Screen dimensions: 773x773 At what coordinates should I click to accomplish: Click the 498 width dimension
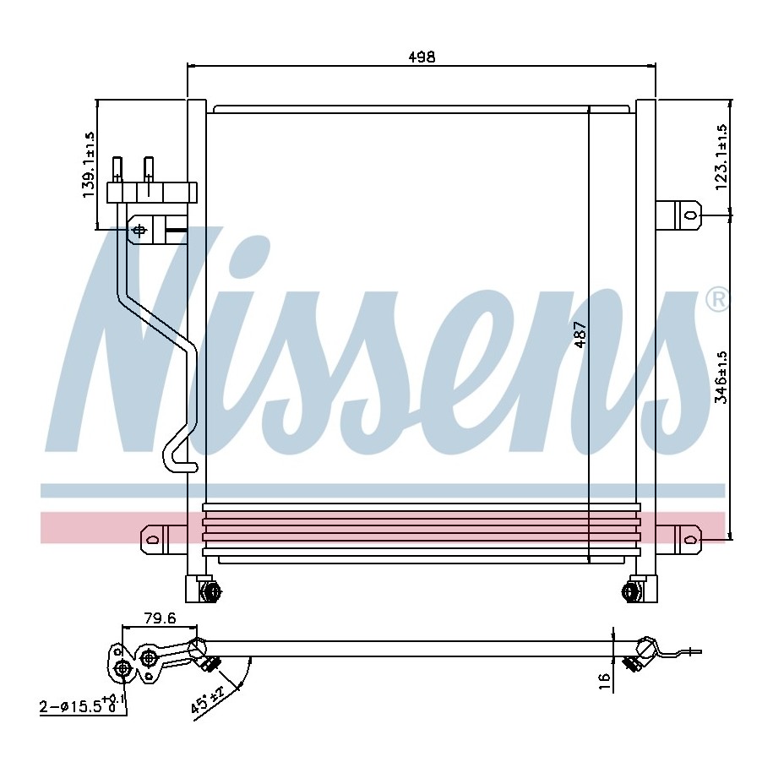click(422, 57)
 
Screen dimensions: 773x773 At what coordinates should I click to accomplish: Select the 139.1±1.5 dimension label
click(89, 165)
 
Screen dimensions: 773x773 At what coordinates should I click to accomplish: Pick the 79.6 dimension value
click(160, 618)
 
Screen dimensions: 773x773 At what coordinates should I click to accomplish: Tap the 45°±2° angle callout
click(208, 699)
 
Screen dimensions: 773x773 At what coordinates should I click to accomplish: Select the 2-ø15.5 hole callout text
click(78, 704)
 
